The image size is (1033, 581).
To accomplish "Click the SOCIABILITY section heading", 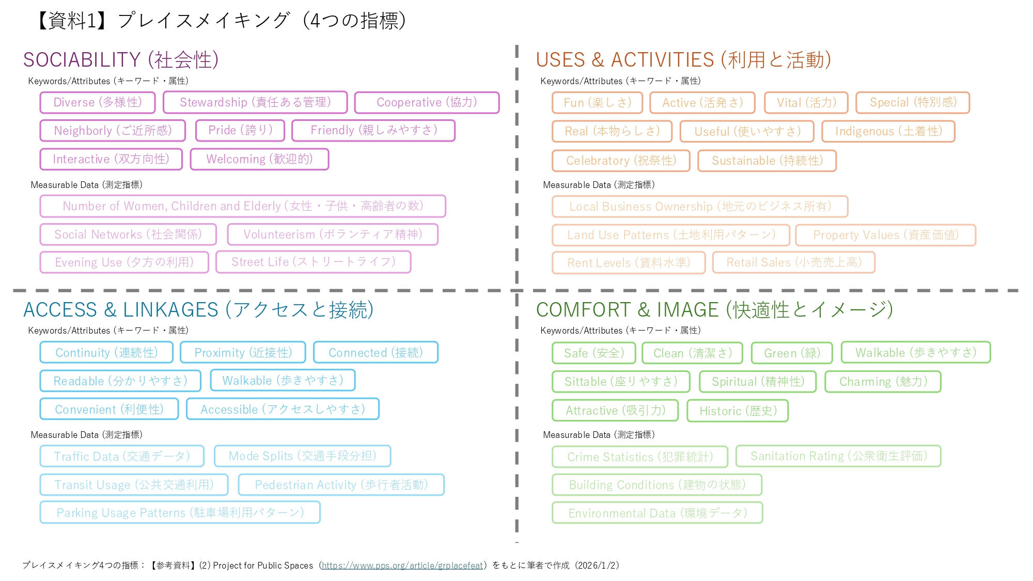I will [121, 60].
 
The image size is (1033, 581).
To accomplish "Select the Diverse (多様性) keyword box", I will [98, 102].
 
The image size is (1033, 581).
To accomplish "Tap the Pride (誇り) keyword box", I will [240, 130].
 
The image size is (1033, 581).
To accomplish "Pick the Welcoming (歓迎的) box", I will [259, 159].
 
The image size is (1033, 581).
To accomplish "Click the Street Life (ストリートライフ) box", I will [314, 262].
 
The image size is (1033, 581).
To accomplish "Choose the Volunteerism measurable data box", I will [333, 234].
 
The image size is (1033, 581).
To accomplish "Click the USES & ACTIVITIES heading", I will [683, 60].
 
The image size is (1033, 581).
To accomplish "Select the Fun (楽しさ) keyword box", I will [597, 103].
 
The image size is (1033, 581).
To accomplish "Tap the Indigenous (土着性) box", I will [888, 131].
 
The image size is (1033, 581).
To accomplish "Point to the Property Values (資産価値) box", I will [885, 235].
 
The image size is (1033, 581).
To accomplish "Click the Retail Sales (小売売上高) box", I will [794, 262].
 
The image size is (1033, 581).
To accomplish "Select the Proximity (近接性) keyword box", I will [243, 353].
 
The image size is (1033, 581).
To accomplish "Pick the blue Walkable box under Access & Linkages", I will [283, 381].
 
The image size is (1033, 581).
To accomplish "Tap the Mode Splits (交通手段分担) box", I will [302, 456].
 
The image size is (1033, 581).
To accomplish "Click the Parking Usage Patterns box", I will [180, 512].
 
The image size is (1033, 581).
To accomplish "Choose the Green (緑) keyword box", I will [792, 353].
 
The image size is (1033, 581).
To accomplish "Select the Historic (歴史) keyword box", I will [738, 411].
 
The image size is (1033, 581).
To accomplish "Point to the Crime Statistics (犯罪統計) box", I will [640, 457].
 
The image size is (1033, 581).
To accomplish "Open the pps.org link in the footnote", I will [402, 566].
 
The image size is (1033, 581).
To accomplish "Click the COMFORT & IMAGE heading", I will [714, 310].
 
